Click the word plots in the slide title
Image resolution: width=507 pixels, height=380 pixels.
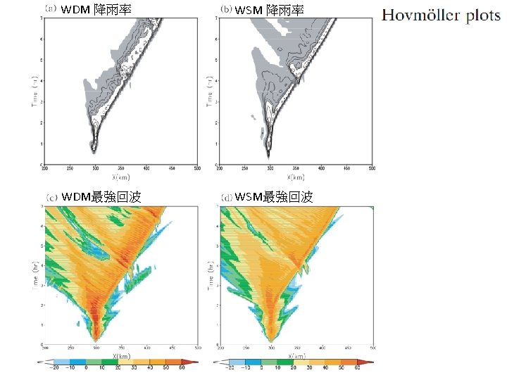pos(482,15)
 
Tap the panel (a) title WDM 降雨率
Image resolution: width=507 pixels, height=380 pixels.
pos(96,11)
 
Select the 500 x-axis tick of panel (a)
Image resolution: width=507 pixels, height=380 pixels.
pos(198,169)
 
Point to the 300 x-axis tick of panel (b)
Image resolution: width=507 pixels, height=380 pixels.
pos(269,169)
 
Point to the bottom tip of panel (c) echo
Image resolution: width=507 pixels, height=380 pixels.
pos(95,338)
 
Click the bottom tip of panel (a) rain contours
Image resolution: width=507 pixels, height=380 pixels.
pos(94,151)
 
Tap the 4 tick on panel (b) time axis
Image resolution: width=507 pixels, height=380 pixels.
pos(216,80)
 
